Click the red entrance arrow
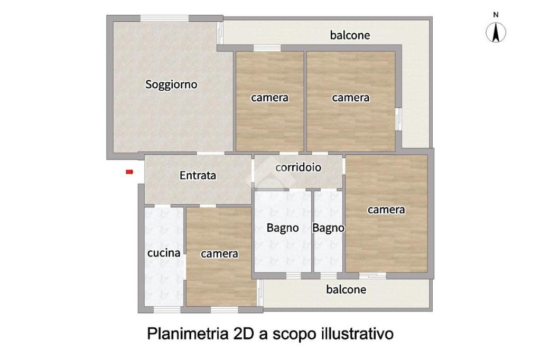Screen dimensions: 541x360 tap(129, 172)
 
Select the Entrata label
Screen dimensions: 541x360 tap(198, 175)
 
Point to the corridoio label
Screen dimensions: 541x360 tap(298, 167)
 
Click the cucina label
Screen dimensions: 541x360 tap(164, 253)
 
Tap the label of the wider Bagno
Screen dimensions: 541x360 tap(283, 228)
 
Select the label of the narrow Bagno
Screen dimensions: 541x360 tap(328, 228)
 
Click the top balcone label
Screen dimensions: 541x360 tap(350, 35)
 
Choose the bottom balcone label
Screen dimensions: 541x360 tap(346, 289)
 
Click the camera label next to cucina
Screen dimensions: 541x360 tap(219, 254)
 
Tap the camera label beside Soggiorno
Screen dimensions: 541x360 tap(269, 98)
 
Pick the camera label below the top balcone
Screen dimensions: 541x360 tap(351, 98)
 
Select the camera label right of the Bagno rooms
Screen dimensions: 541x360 tap(386, 210)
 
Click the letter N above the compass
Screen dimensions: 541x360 tap(496, 15)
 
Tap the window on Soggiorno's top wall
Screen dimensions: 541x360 tap(165, 18)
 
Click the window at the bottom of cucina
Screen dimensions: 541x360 tap(167, 310)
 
